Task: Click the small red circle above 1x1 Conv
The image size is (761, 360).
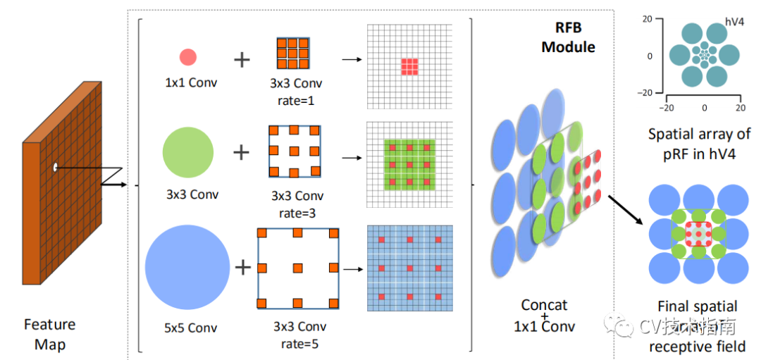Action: click(x=187, y=57)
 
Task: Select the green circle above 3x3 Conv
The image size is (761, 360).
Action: click(x=188, y=151)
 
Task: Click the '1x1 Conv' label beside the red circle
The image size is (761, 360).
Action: click(x=190, y=82)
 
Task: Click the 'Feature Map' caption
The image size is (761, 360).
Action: click(x=49, y=335)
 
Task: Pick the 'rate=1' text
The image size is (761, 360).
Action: click(x=296, y=101)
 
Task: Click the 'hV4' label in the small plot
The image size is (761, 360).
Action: click(x=736, y=23)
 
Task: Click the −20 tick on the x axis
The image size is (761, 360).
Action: click(x=667, y=108)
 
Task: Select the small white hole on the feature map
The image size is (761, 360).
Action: click(x=55, y=168)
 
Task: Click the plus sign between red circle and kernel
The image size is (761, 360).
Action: click(x=242, y=59)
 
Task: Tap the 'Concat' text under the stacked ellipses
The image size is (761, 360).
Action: click(x=544, y=305)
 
